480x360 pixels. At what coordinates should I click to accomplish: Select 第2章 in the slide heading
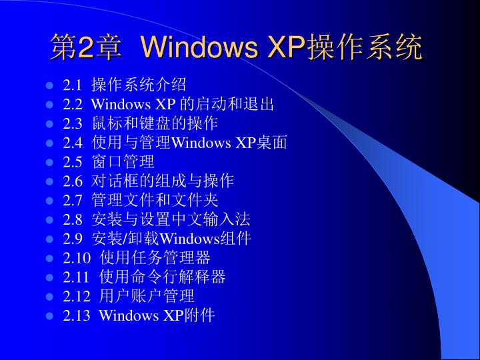85,48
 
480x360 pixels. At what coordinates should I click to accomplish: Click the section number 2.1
72,85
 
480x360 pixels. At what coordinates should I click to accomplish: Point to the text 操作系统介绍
139,85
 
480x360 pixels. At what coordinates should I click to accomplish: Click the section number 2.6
72,181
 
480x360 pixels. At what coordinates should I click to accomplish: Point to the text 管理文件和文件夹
155,200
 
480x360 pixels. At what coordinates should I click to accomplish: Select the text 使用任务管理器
155,258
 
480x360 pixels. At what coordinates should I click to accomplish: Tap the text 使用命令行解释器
163,277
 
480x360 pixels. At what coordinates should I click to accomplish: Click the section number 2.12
76,296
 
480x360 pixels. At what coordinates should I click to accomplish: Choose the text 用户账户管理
147,296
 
